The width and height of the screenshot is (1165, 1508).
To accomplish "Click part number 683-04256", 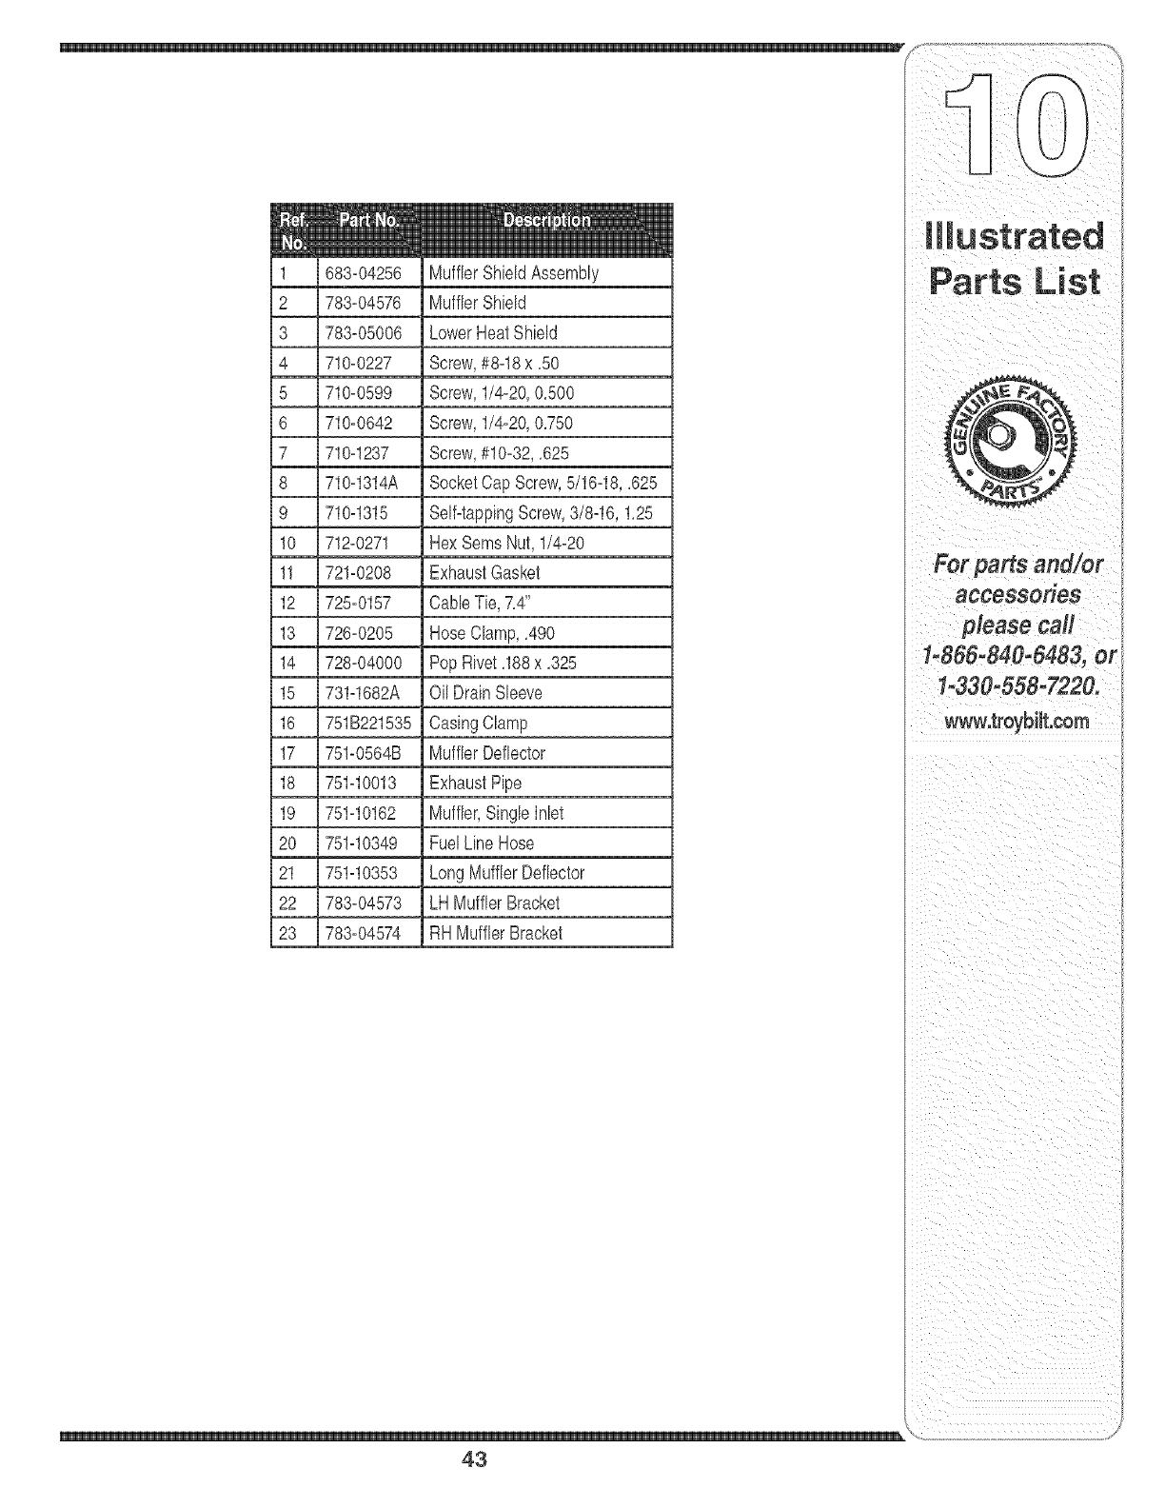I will (363, 273).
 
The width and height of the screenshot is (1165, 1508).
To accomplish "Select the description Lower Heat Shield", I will (493, 333).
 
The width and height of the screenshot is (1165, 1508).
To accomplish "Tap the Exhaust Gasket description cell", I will (484, 573).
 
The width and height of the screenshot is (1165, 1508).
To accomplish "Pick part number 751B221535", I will (368, 723).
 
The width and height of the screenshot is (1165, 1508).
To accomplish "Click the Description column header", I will (546, 221).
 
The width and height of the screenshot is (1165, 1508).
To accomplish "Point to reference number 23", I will (287, 933).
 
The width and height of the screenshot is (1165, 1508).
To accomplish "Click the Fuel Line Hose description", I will (482, 843).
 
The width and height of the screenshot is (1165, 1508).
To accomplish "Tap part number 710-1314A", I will (361, 483).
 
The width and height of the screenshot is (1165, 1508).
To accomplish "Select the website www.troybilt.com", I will (1016, 721).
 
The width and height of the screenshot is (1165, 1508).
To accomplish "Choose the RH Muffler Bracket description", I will (496, 933).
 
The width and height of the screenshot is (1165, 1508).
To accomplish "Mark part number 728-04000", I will (364, 663).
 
